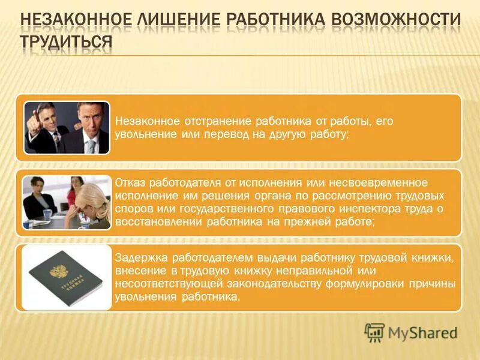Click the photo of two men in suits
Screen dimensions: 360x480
(67, 127)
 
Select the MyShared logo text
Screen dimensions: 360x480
(422, 332)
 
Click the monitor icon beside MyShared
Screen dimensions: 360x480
(374, 332)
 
